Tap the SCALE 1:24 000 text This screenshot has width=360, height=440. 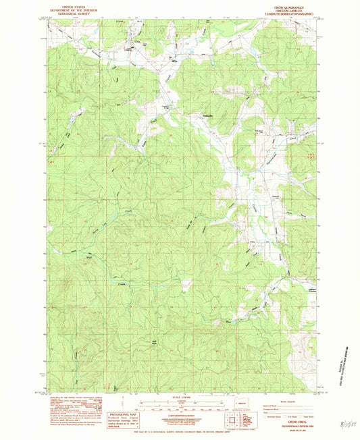(x=180, y=397)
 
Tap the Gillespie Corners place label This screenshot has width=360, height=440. (x=313, y=271)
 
